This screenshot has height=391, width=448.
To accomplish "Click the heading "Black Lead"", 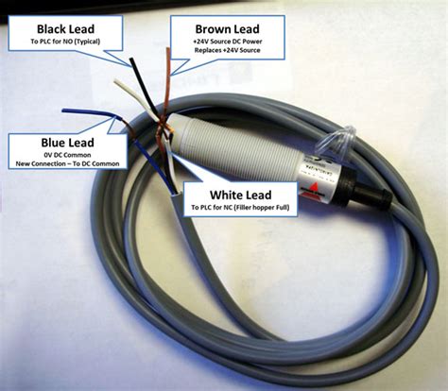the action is point(65,29).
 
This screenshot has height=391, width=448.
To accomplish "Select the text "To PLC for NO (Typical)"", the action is point(65,42).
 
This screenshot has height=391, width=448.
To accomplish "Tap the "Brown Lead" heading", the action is point(227,29).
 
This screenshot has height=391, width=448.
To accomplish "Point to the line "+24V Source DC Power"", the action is point(228,42).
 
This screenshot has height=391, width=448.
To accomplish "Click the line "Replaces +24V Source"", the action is point(227,50).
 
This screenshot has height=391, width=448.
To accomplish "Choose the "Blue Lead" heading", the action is point(67,143).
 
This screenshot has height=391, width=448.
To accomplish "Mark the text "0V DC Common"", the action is point(67,155).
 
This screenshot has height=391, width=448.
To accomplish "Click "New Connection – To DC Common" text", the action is point(67,163).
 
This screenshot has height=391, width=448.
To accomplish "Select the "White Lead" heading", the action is point(240,195).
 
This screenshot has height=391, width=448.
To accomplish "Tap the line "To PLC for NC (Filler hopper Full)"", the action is point(240,207).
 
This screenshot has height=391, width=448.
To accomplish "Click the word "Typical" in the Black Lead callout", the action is point(88,42).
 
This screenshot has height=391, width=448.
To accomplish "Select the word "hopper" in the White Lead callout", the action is point(263,208).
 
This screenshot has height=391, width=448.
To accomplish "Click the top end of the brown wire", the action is point(168,49).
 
